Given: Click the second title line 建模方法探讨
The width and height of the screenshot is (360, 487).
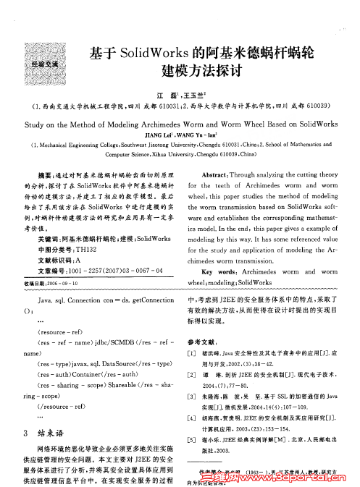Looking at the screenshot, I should (200, 73).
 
